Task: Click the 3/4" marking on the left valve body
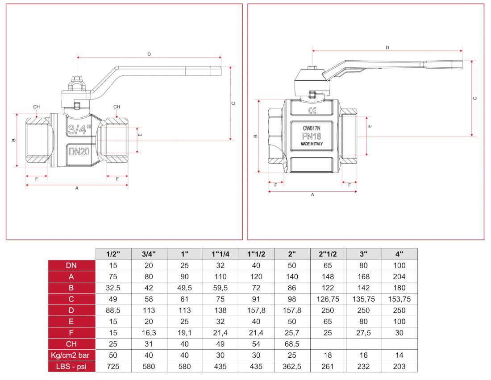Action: (79, 130)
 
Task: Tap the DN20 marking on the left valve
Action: (79, 151)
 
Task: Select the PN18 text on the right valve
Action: (312, 136)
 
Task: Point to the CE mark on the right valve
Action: (312, 111)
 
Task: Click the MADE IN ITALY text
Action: (312, 145)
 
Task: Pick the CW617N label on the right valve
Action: (312, 128)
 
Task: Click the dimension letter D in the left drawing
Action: (149, 54)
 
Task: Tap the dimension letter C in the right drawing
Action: (475, 98)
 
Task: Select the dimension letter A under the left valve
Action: (77, 189)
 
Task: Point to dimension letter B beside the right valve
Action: (256, 136)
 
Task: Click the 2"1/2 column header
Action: (328, 254)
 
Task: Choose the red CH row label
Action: (71, 344)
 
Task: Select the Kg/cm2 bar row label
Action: (71, 355)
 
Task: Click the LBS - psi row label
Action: (71, 366)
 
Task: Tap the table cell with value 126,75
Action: (328, 299)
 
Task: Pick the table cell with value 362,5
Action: (292, 366)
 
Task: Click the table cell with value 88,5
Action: (113, 310)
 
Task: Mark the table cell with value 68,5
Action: (292, 344)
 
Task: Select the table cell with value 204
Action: (399, 277)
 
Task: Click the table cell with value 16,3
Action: (149, 333)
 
